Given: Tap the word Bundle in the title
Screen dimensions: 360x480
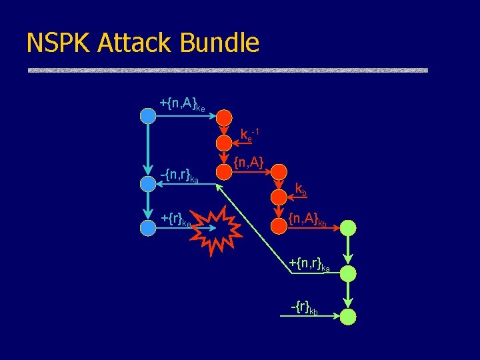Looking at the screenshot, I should coord(220,43).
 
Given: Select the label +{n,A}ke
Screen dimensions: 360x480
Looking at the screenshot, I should coord(181,103).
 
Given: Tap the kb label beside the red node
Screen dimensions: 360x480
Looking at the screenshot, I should coord(301,189).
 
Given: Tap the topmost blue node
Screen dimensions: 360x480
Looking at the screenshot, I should coord(147,116).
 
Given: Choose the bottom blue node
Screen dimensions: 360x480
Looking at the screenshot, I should coord(147,227).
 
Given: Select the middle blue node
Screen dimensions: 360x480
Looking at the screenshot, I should coord(147,184).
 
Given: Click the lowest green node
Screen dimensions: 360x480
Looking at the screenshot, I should coord(348,317).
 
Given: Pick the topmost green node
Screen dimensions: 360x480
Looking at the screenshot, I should coord(348,228).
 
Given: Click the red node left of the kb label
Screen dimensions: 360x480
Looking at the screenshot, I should coord(279,196).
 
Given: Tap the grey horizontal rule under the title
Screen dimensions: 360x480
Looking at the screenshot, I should coord(227,70).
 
